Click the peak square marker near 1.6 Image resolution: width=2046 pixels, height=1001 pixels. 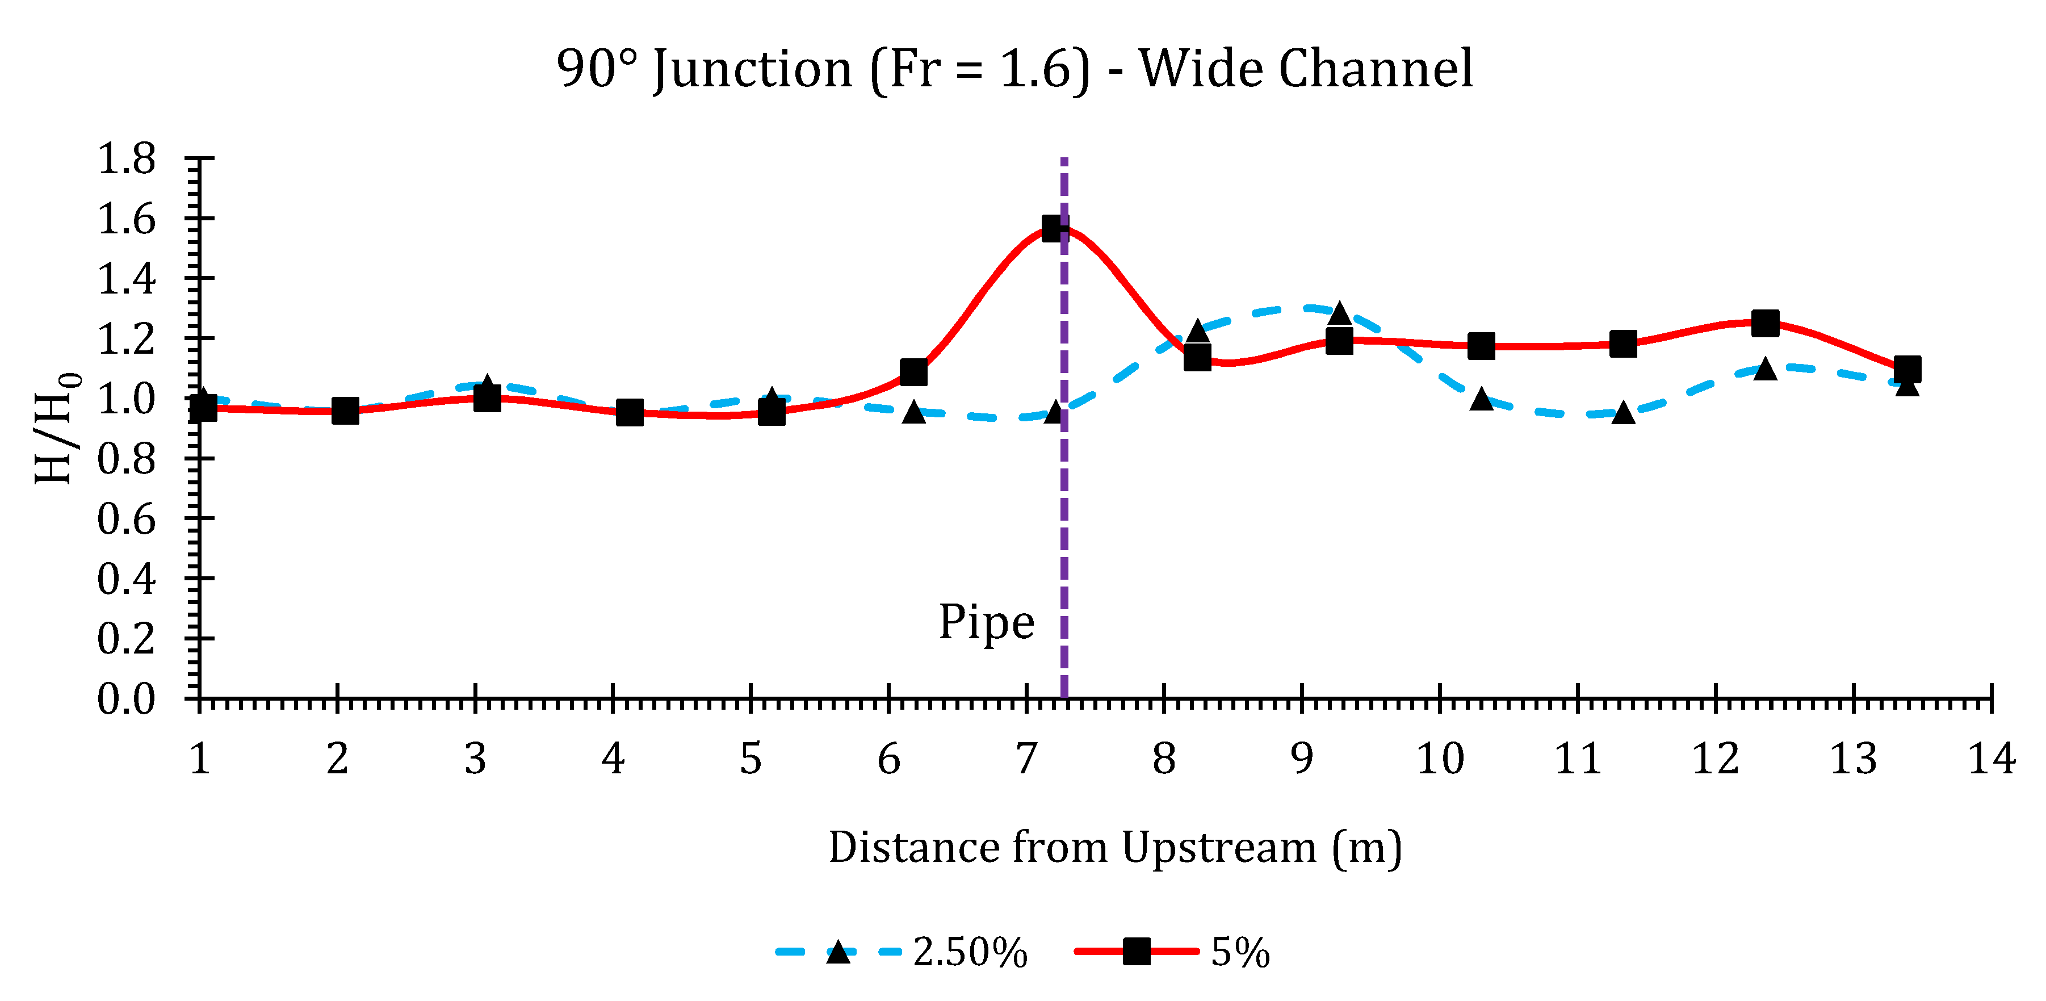pyautogui.click(x=1054, y=229)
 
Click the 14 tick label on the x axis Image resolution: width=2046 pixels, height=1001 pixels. pyautogui.click(x=1990, y=759)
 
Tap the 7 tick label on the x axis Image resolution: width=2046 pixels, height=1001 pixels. pyautogui.click(x=1026, y=759)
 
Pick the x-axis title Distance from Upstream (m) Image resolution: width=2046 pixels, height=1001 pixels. pyautogui.click(x=1114, y=848)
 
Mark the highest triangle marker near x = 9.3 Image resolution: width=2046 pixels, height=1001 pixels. pyautogui.click(x=1339, y=313)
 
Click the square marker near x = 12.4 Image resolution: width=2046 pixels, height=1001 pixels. pyautogui.click(x=1765, y=323)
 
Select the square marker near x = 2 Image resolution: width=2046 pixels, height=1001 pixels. pyautogui.click(x=345, y=411)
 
